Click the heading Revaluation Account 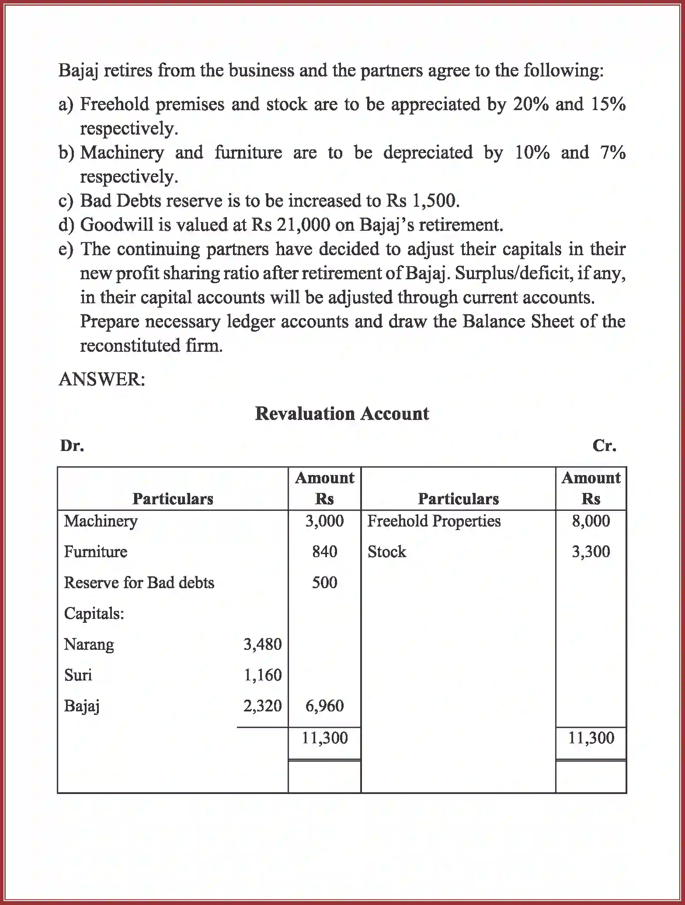[x=342, y=413]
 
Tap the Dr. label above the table [x=72, y=445]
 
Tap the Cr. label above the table [x=604, y=445]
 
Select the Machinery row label [x=101, y=521]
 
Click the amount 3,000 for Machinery [x=324, y=521]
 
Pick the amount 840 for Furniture [x=324, y=551]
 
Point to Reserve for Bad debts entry [x=139, y=583]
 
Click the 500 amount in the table [x=324, y=583]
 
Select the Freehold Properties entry [x=434, y=521]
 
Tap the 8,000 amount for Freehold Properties [x=591, y=521]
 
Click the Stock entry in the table [x=386, y=551]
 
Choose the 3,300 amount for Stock [x=591, y=551]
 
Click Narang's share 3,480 [x=262, y=644]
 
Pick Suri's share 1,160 [x=262, y=675]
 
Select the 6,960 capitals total [x=324, y=706]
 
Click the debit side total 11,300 [x=324, y=738]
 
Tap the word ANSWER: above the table [x=102, y=379]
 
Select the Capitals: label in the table [x=94, y=614]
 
